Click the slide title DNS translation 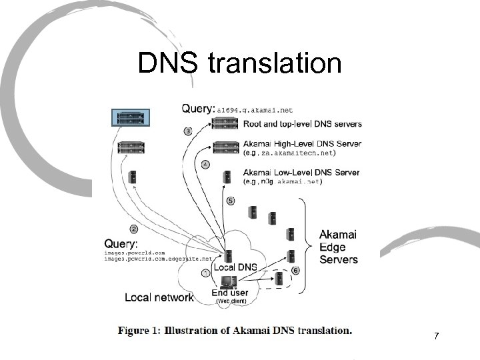239,64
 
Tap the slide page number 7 436,336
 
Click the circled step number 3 188,131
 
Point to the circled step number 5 231,200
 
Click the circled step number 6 295,270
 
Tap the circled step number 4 205,164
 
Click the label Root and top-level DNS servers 303,123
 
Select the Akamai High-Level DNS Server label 302,143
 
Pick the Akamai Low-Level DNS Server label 301,173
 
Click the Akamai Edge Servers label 338,247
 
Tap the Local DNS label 233,267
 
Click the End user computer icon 229,281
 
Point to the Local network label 159,297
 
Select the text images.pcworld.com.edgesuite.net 158,259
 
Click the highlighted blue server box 131,118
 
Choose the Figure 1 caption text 235,330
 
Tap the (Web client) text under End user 231,301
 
